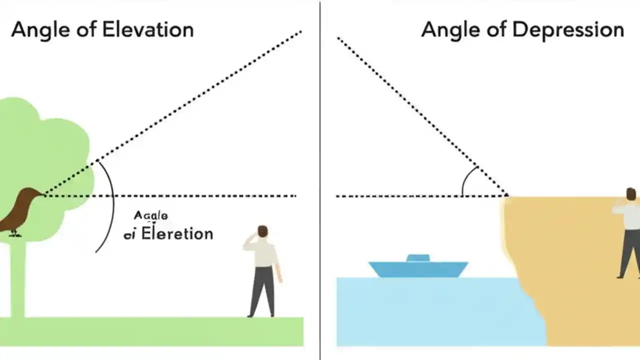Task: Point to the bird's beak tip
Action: coord(44,194)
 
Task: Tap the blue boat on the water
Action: coord(418,268)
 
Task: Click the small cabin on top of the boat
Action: coord(418,258)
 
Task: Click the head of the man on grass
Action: coord(262,232)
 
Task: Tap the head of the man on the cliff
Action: coord(630,194)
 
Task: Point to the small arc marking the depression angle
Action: coord(467,180)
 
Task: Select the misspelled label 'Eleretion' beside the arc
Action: coord(177,233)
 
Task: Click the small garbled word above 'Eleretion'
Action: coord(150,216)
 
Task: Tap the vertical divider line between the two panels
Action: coord(320,180)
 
